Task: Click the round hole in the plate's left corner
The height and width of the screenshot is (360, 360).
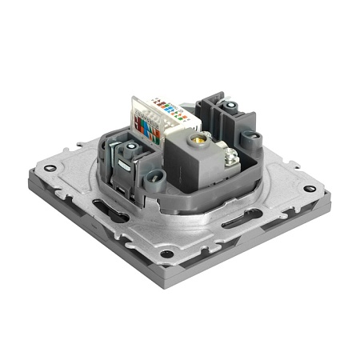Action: click(x=50, y=169)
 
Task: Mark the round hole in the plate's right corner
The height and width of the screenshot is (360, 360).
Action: click(x=310, y=189)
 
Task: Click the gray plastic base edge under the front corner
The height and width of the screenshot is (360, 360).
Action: click(x=168, y=276)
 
